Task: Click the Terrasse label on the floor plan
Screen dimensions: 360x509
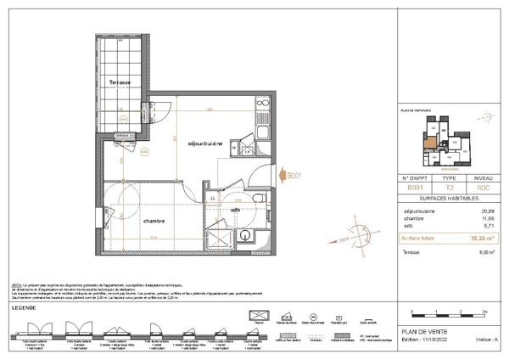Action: coord(119,82)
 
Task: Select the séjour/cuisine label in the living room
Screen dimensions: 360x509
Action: coord(205,144)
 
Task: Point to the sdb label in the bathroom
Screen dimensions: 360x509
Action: coord(236,209)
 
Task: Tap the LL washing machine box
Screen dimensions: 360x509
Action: coord(212,198)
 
